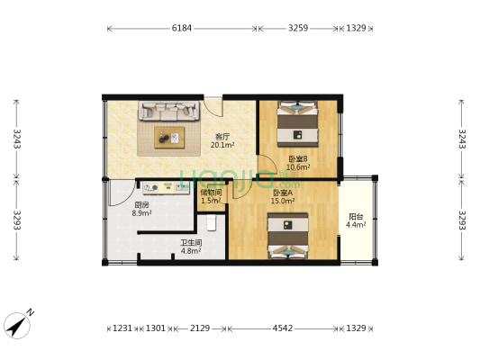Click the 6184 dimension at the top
(x=182, y=28)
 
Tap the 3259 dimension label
(x=298, y=28)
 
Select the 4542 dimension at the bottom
(x=283, y=328)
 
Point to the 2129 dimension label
(x=200, y=328)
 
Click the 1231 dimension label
(x=122, y=328)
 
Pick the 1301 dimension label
(x=156, y=328)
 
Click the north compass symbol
(x=18, y=324)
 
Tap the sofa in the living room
(x=168, y=111)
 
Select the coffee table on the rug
(x=169, y=138)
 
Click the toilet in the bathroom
(x=212, y=222)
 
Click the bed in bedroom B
(x=297, y=124)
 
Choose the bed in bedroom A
(x=288, y=236)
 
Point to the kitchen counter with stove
(x=166, y=187)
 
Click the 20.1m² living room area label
(x=222, y=145)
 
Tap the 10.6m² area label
(x=298, y=167)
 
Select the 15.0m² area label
(x=283, y=201)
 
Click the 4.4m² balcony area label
(x=356, y=225)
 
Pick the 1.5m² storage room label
(x=211, y=201)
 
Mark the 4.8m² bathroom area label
(x=191, y=251)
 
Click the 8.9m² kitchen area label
(x=141, y=213)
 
